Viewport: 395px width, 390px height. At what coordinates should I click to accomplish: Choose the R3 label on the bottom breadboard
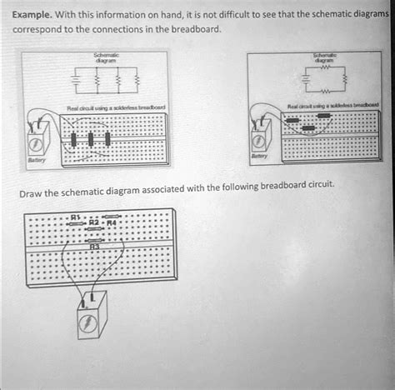point(94,245)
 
